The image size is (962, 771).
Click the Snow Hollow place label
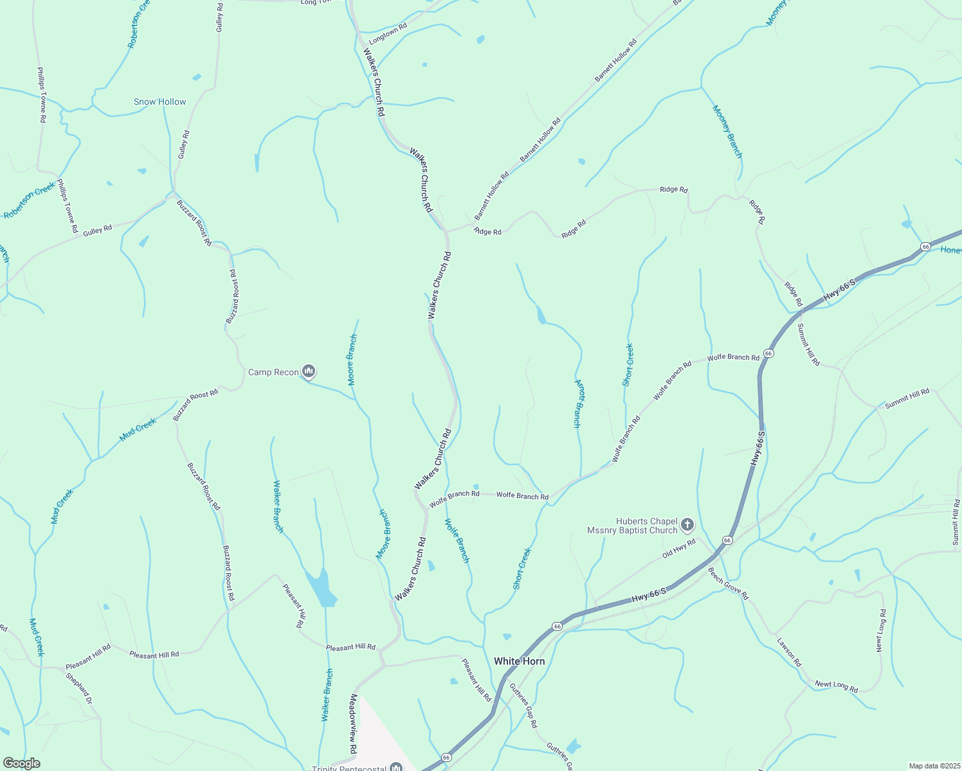[159, 102]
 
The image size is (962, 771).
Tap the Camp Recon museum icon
[309, 371]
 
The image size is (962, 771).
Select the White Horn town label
[519, 661]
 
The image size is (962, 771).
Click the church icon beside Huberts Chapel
[687, 526]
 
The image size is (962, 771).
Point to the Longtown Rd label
[388, 34]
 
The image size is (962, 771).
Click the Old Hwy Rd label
[679, 548]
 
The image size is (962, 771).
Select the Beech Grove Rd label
[728, 583]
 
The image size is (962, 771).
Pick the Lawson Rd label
[789, 651]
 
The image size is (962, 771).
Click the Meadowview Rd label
[353, 723]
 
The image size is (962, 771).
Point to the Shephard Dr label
[79, 687]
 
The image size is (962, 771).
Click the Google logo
[21, 763]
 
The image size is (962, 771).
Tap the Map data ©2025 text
[934, 766]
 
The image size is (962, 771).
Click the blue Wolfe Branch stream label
[457, 540]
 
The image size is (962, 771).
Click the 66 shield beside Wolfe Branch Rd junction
[768, 353]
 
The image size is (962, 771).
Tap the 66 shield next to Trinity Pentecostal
[446, 758]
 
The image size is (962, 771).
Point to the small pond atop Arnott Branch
[541, 315]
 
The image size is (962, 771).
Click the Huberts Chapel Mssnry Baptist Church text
[633, 526]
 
